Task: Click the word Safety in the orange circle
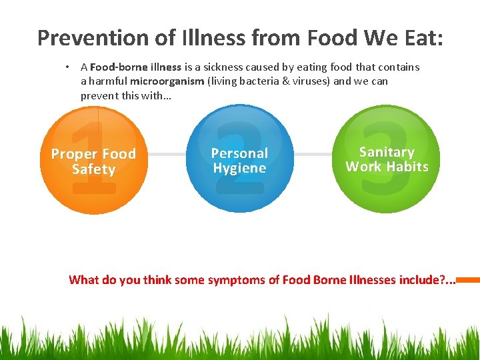click(x=93, y=169)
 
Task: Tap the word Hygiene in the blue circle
click(x=239, y=169)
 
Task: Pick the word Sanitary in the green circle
click(x=387, y=152)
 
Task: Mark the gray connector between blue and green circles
click(x=313, y=155)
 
